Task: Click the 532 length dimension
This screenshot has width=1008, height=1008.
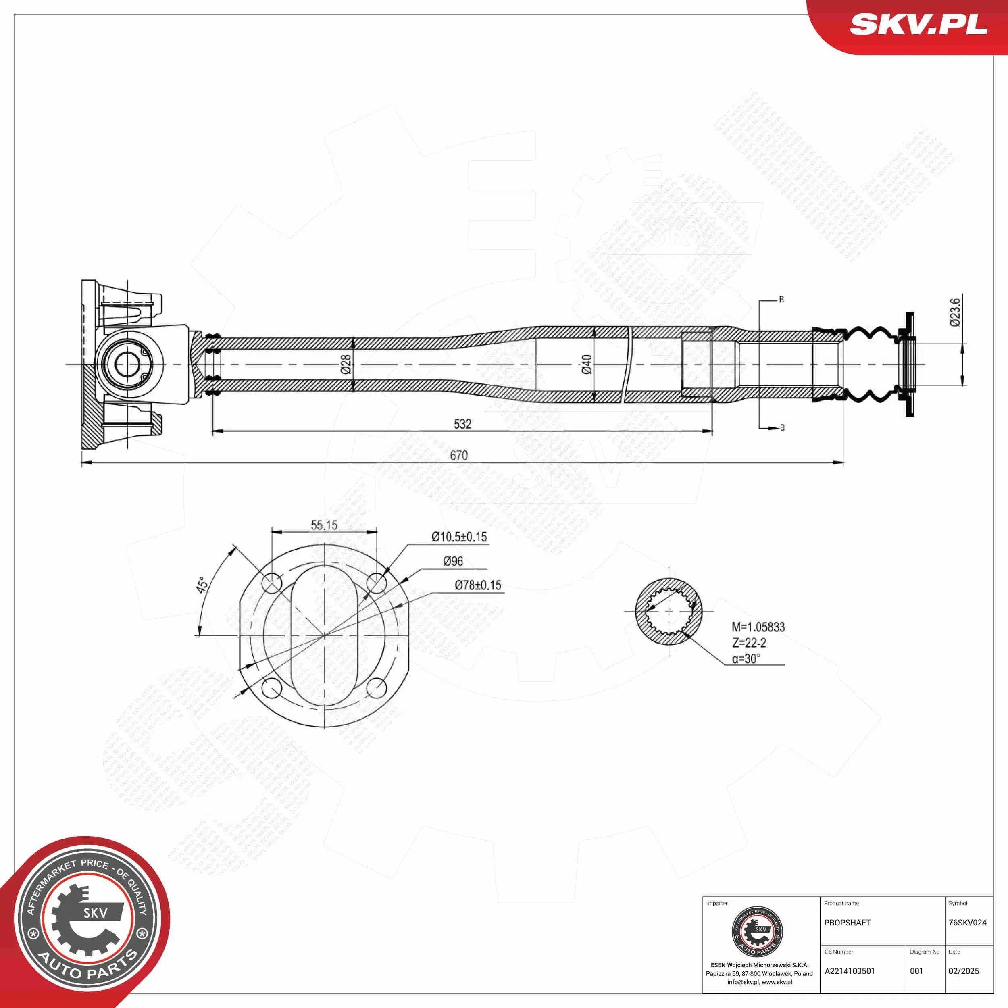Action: coord(462,424)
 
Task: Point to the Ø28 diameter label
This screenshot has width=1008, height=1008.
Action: coord(346,364)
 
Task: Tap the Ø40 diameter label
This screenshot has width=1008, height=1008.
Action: coord(586,364)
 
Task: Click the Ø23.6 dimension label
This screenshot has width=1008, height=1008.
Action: coord(955,312)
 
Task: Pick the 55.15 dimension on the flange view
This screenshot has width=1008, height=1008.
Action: coord(324,525)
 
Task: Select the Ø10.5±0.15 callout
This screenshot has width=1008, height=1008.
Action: coord(459,537)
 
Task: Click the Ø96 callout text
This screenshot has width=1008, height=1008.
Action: coord(453,561)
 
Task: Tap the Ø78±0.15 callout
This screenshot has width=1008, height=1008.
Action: coord(477,585)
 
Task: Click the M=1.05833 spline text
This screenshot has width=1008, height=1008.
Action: coord(758,627)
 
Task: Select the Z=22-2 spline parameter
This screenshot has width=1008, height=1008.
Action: coord(749,643)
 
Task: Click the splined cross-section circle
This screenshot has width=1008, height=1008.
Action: coord(669,612)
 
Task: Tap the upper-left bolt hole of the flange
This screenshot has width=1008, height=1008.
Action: coord(272,583)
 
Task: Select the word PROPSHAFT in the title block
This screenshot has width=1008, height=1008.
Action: coord(847,923)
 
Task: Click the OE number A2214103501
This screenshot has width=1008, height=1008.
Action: coord(850,971)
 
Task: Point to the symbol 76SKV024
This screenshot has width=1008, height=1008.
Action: coord(967,923)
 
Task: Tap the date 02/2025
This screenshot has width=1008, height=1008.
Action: coord(964,971)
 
